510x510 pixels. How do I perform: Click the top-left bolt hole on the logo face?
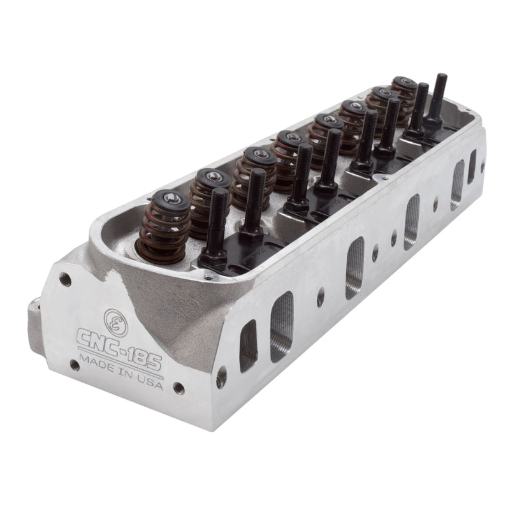pos(64,278)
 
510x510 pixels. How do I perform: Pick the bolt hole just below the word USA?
pos(180,387)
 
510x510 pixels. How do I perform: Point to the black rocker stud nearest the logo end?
pos(218,220)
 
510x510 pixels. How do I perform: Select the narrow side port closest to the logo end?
pos(247,346)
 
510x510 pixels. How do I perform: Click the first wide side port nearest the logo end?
pos(281,326)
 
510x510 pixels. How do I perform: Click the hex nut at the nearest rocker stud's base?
pos(215,255)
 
